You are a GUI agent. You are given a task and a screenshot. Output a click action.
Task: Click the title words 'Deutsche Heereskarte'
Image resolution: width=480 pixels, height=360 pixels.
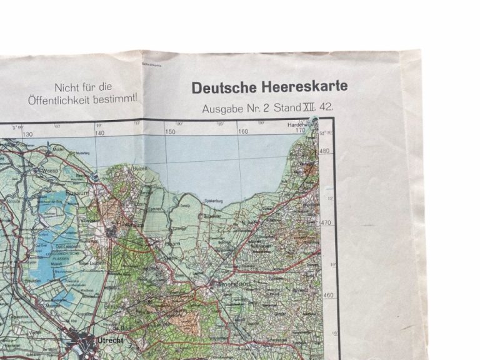tap(269, 87)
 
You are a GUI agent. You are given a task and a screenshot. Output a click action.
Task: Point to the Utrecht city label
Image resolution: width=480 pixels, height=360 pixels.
tap(110, 340)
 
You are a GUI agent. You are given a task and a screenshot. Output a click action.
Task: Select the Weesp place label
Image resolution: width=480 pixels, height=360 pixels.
tap(49, 169)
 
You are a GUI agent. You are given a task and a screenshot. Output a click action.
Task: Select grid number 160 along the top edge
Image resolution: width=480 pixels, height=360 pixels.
tap(243, 131)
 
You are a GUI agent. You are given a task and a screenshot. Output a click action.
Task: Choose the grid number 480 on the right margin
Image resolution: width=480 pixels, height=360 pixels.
tap(325, 151)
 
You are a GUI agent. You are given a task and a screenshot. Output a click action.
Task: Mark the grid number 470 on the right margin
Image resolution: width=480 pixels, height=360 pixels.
tap(326, 222)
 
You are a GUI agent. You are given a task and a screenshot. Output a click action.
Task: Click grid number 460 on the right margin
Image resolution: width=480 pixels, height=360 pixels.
tap(328, 295)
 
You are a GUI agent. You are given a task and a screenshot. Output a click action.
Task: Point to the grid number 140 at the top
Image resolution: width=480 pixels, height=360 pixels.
tap(99, 133)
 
